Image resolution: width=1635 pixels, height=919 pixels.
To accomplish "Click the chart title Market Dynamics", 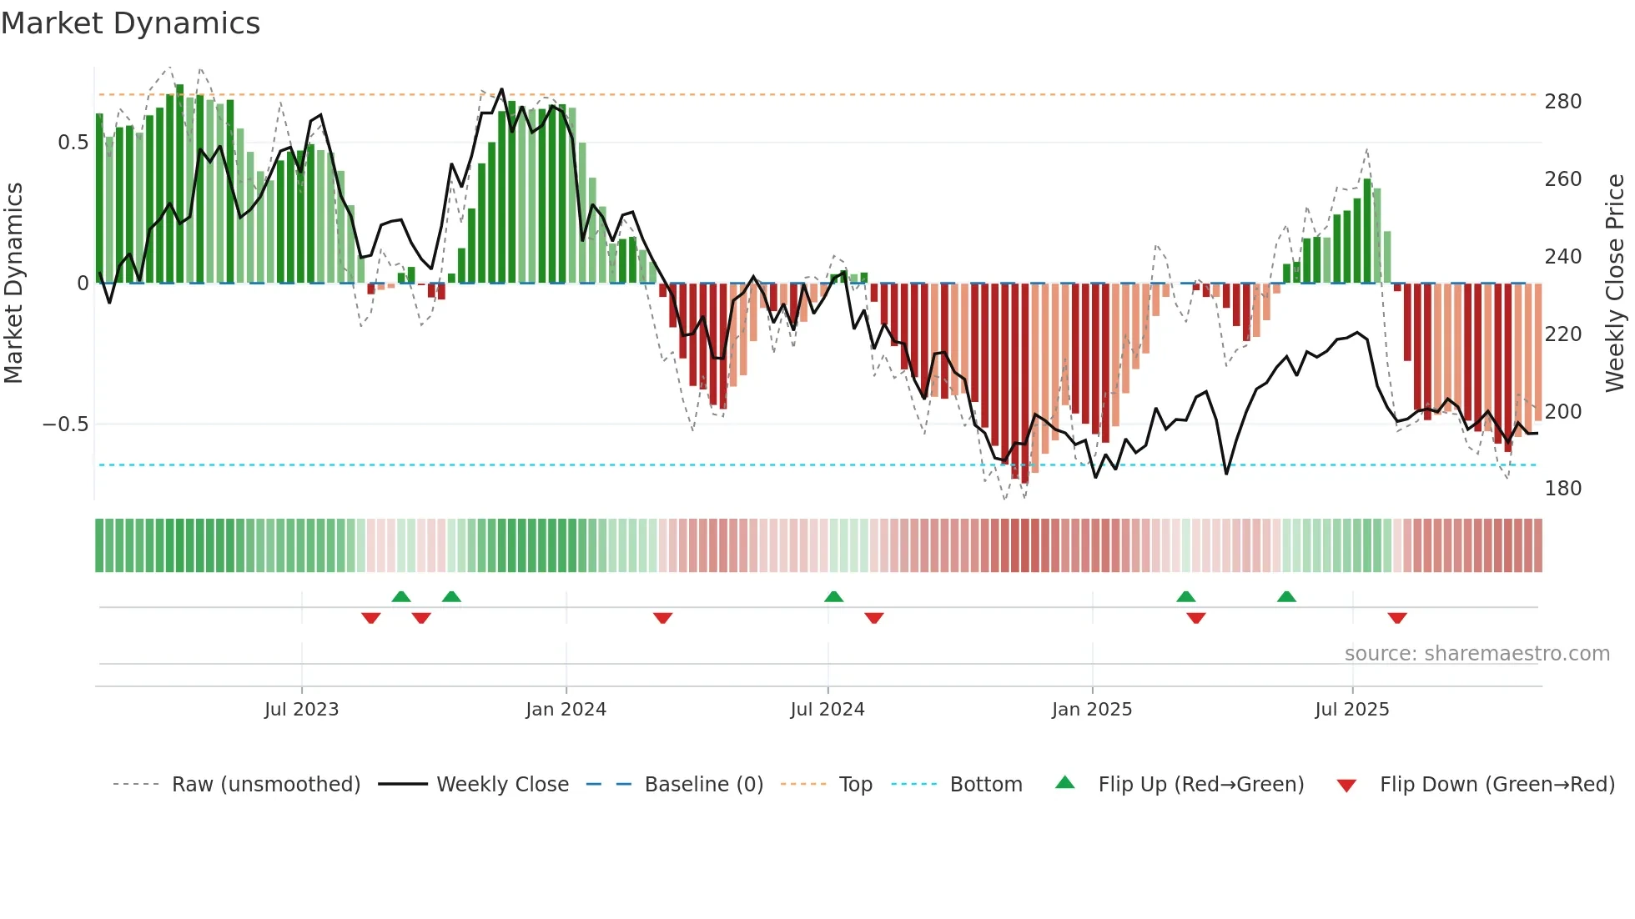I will click(130, 23).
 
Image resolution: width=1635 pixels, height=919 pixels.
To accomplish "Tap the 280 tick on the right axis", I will click(1562, 102).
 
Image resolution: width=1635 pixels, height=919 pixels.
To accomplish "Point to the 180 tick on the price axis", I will click(1562, 489).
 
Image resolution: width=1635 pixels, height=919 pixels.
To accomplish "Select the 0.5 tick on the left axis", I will click(73, 143).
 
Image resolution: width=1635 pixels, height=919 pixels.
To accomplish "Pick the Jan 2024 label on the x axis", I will click(566, 710).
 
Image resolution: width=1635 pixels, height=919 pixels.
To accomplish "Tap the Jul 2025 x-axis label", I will click(1351, 710).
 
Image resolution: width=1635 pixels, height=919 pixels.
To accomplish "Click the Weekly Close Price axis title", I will click(1615, 284).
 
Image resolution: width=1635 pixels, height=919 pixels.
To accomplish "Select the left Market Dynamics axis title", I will click(13, 284).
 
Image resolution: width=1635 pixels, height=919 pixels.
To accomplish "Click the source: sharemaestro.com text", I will click(1477, 654).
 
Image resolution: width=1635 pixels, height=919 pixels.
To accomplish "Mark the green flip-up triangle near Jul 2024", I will click(833, 596).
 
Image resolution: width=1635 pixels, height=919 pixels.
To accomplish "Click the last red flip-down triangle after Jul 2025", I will click(1397, 618).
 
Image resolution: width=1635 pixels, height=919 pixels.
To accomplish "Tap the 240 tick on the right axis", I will click(1562, 257).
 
